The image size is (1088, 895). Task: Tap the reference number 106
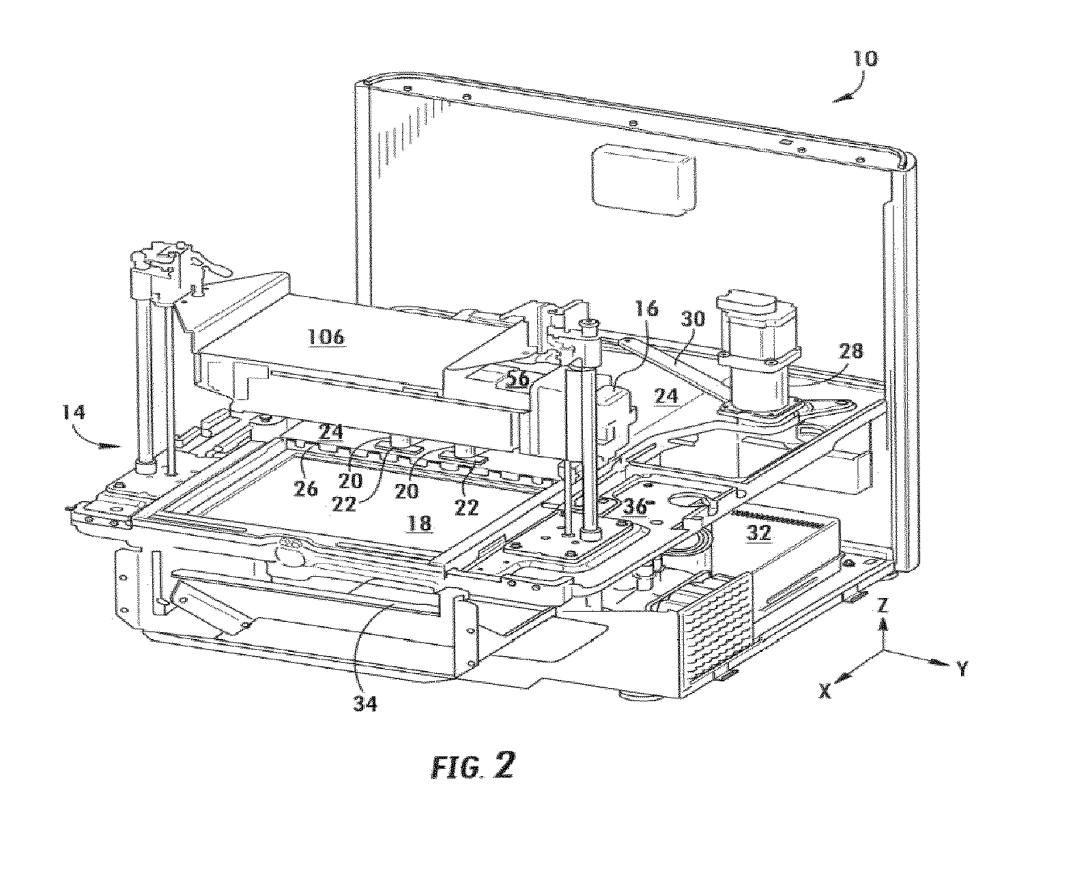coord(326,337)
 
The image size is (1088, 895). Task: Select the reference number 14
coord(73,412)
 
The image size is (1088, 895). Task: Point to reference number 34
coord(364,703)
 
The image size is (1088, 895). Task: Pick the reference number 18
coord(419,523)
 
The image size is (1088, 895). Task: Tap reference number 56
coord(517,379)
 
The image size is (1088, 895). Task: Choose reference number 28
coord(850,352)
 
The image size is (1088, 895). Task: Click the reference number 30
coord(692,318)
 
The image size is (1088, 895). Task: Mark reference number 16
coord(647,308)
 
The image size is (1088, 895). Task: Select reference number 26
coord(305,488)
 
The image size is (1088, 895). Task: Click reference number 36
coord(635,507)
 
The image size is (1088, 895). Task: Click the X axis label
coord(825,691)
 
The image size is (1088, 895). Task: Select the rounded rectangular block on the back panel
coord(643,179)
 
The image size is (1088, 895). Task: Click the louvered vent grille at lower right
coord(717,626)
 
